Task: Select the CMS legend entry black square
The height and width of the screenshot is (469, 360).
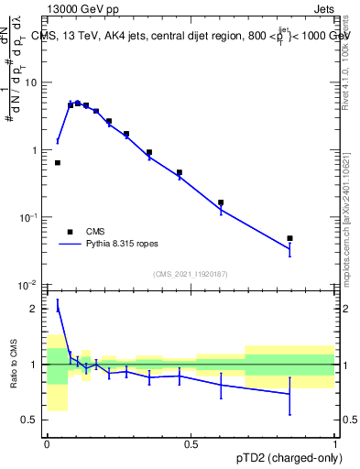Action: click(x=70, y=232)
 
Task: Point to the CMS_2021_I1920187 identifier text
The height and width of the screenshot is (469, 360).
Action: click(x=190, y=273)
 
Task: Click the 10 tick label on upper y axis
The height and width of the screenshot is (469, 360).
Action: click(x=31, y=82)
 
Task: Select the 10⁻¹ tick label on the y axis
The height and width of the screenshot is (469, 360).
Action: click(x=29, y=217)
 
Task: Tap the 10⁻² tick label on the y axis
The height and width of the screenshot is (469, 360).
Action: click(x=29, y=285)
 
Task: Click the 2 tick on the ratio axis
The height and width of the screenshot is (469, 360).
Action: click(x=37, y=309)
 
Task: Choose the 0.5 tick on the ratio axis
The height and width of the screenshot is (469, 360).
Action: click(x=33, y=420)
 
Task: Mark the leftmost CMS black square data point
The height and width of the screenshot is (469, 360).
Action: click(x=58, y=163)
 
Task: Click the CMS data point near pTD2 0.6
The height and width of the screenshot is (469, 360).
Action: click(x=221, y=202)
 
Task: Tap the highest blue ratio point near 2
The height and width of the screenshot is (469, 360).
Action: click(x=58, y=308)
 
